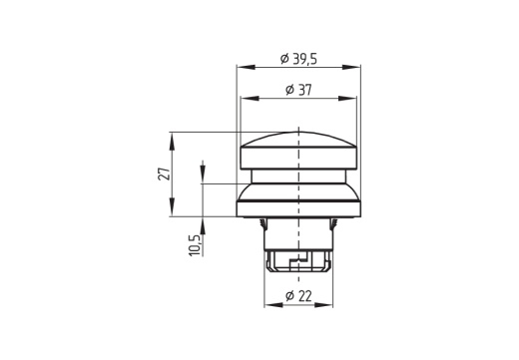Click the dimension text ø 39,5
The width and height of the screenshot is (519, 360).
298,58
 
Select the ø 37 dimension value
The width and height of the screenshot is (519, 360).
298,90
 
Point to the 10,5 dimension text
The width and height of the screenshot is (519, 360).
196,244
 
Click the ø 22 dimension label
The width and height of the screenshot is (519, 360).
298,296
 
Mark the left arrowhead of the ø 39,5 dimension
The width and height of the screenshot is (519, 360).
242,67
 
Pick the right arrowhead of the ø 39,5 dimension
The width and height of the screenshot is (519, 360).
355,67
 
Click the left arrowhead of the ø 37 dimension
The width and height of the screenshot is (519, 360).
246,99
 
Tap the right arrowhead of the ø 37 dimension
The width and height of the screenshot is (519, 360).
351,99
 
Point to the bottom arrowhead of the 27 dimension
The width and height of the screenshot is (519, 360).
173,210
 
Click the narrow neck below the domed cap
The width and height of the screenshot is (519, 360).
298,177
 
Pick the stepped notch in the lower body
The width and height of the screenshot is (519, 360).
291,261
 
